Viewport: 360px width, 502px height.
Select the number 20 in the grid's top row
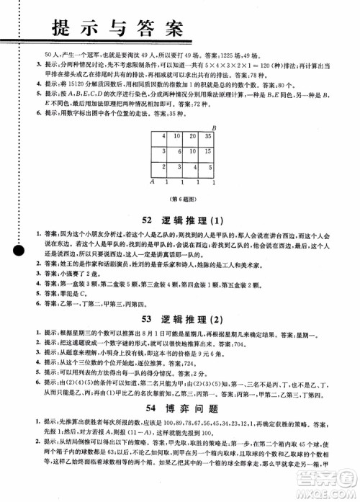(192, 136)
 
